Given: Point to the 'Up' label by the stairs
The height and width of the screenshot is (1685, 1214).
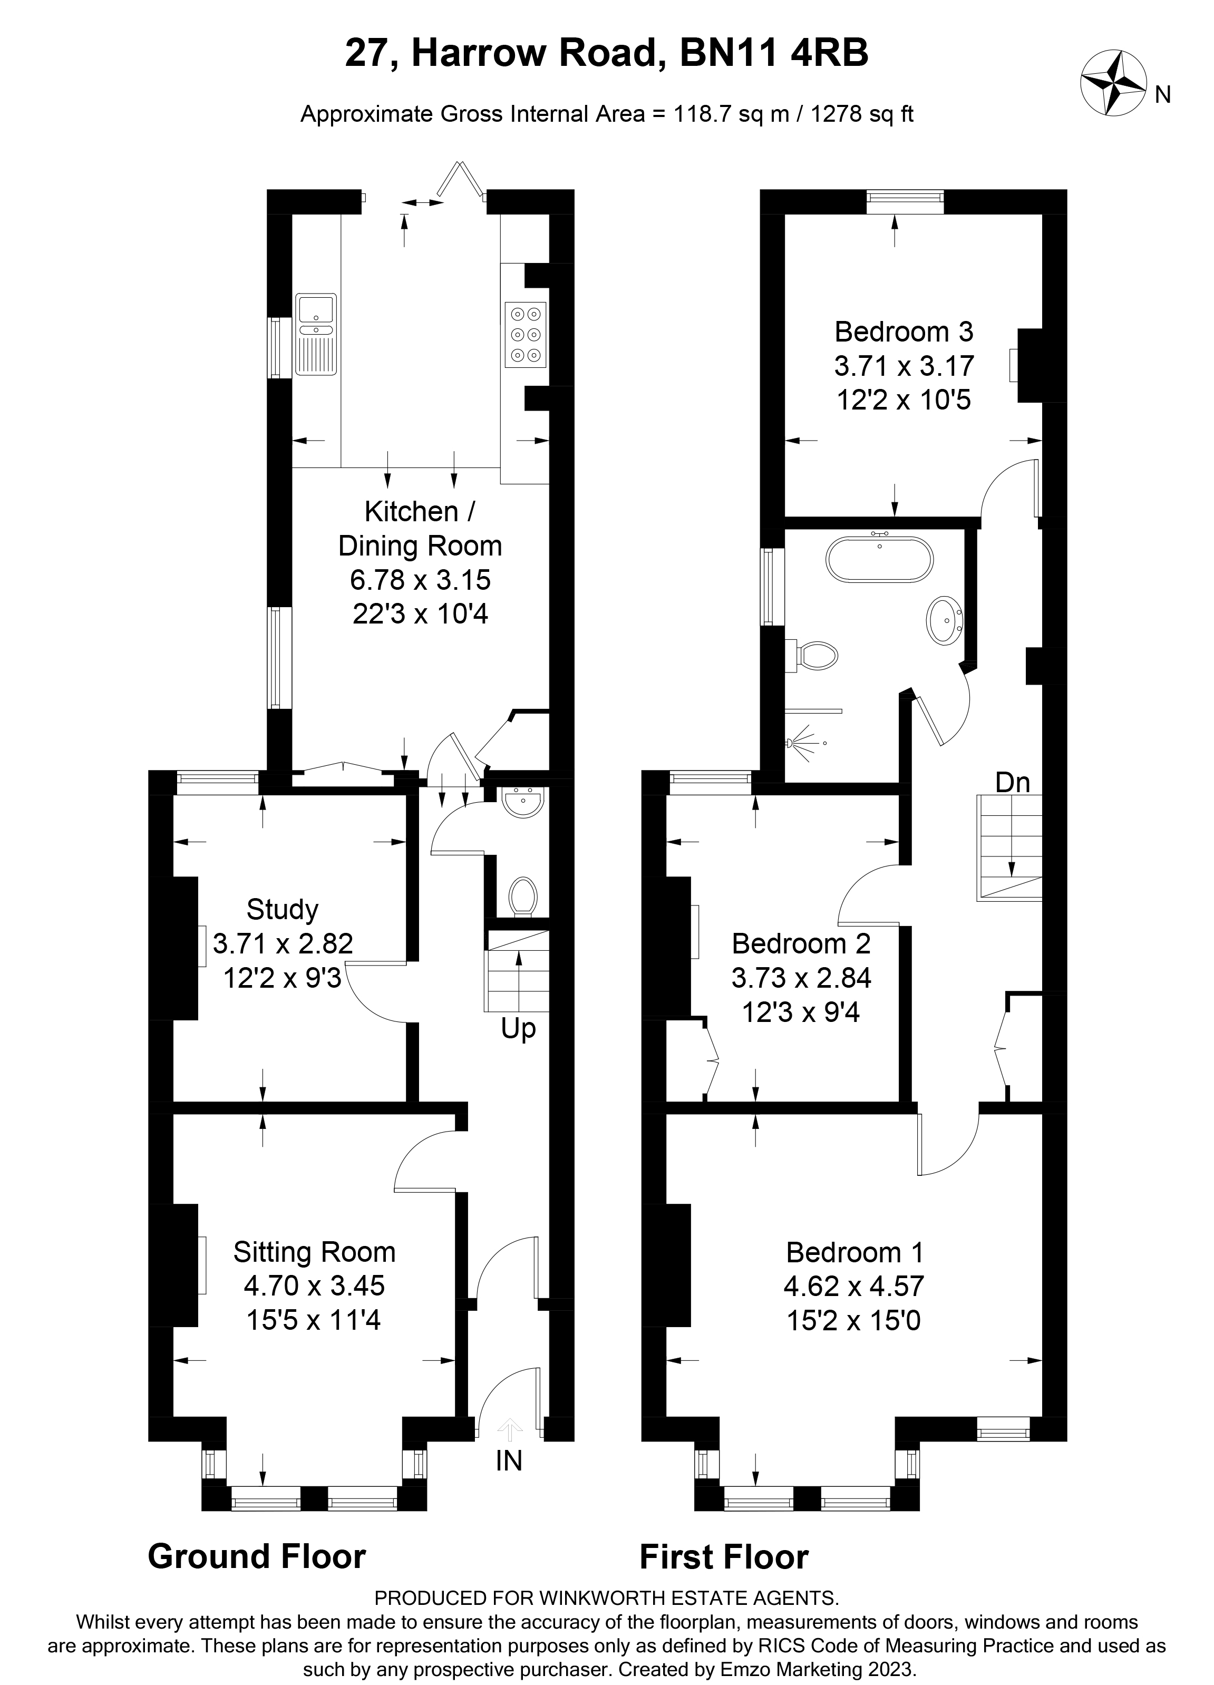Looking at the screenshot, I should coord(518,1029).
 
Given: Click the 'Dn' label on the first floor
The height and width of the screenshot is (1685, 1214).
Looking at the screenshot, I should coord(1013,782).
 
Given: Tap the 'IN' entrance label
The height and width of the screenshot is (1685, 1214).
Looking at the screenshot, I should coord(509,1460).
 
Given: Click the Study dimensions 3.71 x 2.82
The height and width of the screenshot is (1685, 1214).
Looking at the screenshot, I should coord(283,943).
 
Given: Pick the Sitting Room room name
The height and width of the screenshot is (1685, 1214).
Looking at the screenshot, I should coord(314,1252).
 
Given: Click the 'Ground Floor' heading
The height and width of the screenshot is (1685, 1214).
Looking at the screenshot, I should coord(256,1556).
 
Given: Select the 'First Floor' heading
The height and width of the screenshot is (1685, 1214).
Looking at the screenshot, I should coord(724,1557).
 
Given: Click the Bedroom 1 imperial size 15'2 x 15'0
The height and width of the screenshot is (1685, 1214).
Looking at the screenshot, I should coord(853,1321).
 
